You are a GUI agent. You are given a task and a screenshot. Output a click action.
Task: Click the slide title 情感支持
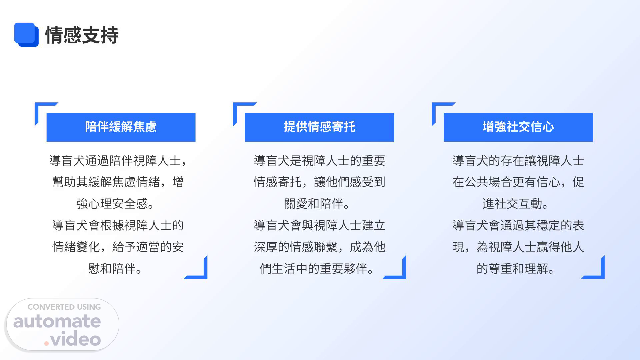[x=82, y=35]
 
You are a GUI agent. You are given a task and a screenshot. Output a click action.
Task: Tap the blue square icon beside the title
[x=26, y=35]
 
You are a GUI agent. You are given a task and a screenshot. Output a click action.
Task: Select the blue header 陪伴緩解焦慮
[x=121, y=127]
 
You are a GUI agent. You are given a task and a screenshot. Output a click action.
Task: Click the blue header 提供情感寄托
[x=320, y=127]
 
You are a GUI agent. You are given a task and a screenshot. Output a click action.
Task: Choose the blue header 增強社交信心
[x=518, y=127]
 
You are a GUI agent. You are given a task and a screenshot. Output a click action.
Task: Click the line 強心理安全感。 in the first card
[x=115, y=204]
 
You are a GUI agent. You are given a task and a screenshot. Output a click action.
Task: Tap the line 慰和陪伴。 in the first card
[x=115, y=268]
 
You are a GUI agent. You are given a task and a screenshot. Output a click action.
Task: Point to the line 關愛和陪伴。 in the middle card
[x=317, y=204]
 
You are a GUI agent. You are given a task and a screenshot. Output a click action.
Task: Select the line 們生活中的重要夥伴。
[x=317, y=268]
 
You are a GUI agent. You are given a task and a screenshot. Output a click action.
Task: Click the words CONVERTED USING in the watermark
[x=64, y=307]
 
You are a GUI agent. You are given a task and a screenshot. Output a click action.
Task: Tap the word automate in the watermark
[x=57, y=321]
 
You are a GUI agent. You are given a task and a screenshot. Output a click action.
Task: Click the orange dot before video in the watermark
[x=47, y=343]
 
